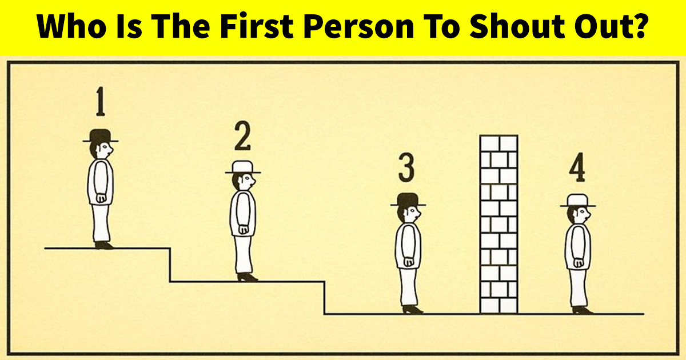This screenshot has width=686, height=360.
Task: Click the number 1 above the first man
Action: pyautogui.click(x=101, y=101)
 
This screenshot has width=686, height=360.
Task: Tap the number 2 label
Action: pyautogui.click(x=242, y=135)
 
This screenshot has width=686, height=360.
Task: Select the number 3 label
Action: pyautogui.click(x=406, y=167)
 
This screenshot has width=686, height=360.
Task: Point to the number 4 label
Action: pyautogui.click(x=577, y=167)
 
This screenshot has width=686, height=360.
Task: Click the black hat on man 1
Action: pyautogui.click(x=101, y=135)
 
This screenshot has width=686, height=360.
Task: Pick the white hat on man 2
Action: pyautogui.click(x=243, y=167)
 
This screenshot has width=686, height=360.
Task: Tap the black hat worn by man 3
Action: pyautogui.click(x=408, y=199)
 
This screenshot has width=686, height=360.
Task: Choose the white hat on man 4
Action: pyautogui.click(x=578, y=200)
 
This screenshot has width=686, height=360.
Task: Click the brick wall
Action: pyautogui.click(x=499, y=225)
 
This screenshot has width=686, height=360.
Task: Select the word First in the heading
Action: pyautogui.click(x=257, y=26)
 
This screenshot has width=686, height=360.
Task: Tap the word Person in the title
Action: pyautogui.click(x=359, y=26)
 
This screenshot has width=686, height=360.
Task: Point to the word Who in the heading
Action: pyautogui.click(x=71, y=26)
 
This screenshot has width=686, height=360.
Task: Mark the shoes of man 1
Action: pyautogui.click(x=104, y=245)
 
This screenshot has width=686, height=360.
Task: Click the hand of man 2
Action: pyautogui.click(x=244, y=229)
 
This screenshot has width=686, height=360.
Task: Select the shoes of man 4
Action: pyautogui.click(x=582, y=310)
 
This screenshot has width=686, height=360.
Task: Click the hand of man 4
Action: pyautogui.click(x=579, y=263)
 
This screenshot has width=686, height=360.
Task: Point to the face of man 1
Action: pyautogui.click(x=106, y=150)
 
